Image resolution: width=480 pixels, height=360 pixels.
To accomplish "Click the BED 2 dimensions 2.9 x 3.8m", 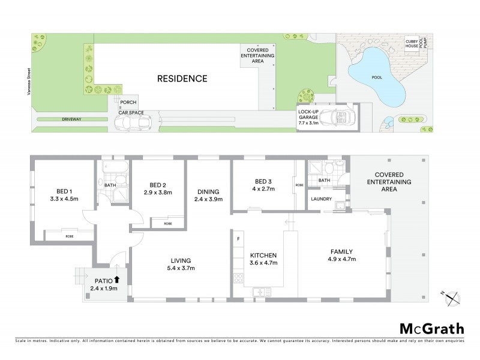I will [x=158, y=193].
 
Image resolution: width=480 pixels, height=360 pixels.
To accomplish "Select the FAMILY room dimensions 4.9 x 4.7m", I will [x=342, y=259].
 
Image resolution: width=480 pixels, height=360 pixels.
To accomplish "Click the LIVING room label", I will [x=180, y=260].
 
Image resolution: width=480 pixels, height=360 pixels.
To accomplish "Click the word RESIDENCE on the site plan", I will [x=182, y=79].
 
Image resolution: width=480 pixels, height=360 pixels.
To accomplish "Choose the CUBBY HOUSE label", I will [x=411, y=44].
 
